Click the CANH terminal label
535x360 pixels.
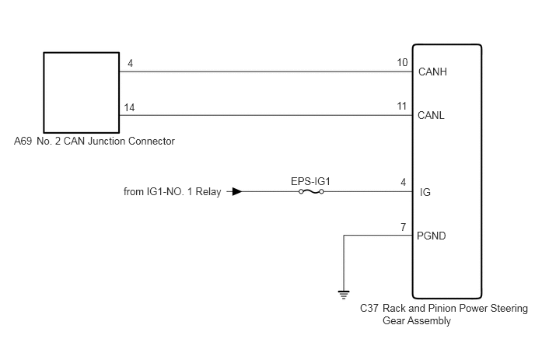432,72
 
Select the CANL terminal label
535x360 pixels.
431,115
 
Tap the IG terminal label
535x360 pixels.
425,193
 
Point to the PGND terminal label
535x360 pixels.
432,236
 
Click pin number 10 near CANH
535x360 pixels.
402,62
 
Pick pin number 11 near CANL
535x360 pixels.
402,106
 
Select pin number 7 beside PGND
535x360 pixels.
404,227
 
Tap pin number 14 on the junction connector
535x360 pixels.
129,107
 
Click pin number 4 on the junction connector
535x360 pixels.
131,63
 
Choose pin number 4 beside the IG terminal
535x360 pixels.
404,183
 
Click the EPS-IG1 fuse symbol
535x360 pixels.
311,192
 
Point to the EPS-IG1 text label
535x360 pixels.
310,181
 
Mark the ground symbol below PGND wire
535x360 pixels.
344,295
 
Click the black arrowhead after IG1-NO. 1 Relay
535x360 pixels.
237,191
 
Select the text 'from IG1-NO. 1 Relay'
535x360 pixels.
173,191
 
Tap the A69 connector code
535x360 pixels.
23,141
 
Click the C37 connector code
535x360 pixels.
369,308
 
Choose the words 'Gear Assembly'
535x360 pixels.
417,321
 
